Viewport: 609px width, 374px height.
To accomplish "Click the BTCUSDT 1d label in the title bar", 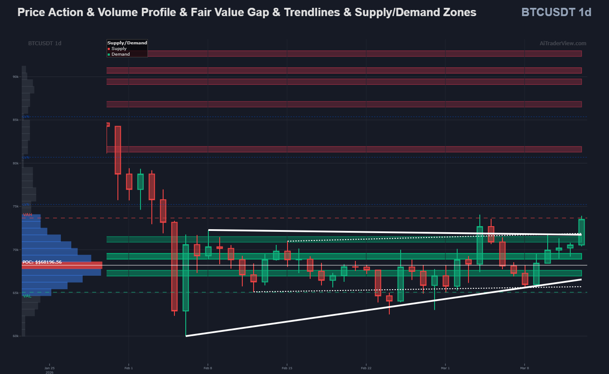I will pos(556,12).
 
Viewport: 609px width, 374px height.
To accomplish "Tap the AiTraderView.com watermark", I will pos(562,43).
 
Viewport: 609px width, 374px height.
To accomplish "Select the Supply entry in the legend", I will pos(118,49).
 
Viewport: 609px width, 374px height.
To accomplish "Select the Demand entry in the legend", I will pos(120,54).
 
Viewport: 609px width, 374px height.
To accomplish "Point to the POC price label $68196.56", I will pos(42,262).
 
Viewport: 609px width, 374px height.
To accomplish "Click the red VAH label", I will pos(27,215).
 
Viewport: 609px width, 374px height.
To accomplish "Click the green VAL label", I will pos(27,296).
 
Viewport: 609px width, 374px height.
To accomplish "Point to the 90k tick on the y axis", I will pos(16,77).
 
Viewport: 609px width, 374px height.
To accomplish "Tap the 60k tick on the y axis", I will pos(16,336).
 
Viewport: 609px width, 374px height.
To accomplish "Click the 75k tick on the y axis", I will pos(16,207).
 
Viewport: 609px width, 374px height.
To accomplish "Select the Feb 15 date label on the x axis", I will pos(287,368).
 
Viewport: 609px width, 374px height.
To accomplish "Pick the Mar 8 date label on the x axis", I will pos(524,368).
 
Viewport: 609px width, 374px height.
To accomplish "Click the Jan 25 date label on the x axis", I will pos(49,368).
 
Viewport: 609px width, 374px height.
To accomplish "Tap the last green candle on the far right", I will pos(581,232).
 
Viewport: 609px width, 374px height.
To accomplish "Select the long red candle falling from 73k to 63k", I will pos(174,266).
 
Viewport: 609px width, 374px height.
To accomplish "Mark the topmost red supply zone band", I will pos(344,53).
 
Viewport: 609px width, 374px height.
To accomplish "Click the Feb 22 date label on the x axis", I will pos(366,368).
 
